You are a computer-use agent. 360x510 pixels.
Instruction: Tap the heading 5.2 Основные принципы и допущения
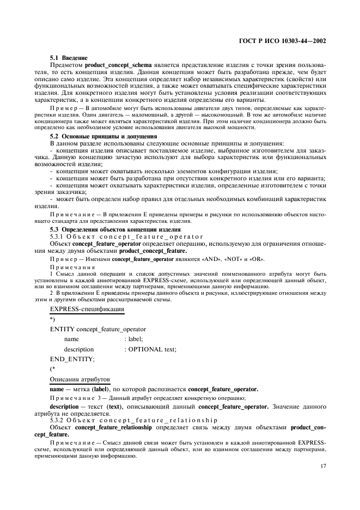tap(96, 136)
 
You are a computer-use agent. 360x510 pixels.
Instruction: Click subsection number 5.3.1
tap(58, 236)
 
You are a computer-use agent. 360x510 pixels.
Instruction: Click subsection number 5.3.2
tap(58, 421)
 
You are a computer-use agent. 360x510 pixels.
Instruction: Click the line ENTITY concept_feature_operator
tap(97, 329)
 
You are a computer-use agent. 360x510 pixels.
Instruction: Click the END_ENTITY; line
tap(72, 359)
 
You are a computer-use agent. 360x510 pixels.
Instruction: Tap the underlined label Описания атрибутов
tap(80, 379)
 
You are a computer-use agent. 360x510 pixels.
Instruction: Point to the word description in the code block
tap(78, 349)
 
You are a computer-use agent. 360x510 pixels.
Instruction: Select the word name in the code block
tap(71, 339)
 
